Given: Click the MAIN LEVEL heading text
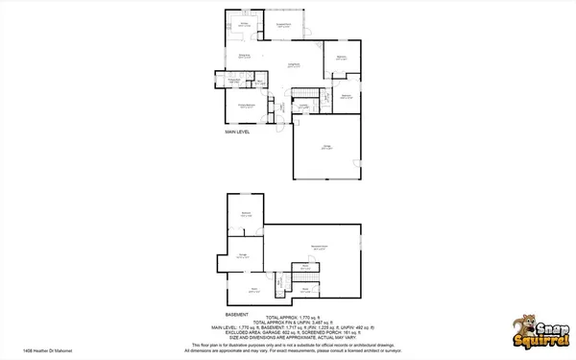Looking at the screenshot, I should click(x=237, y=132).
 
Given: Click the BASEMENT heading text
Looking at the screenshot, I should click(x=236, y=314).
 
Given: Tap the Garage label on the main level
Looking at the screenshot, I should click(x=326, y=147).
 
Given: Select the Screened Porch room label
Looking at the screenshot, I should click(x=284, y=26).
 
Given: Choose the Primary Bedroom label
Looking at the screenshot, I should click(x=246, y=106).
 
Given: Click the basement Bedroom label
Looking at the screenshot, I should click(x=246, y=214).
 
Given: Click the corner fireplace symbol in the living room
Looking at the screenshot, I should click(x=318, y=43).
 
